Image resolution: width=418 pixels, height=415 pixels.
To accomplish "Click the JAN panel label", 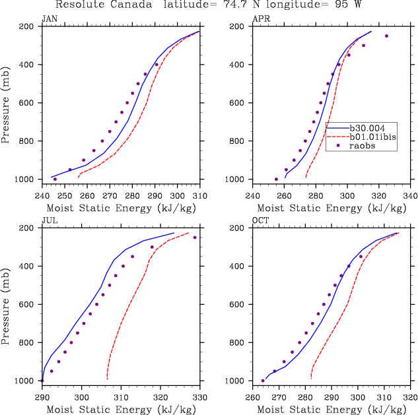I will pos(49,19).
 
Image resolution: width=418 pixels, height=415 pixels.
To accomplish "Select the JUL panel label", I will pos(49,221).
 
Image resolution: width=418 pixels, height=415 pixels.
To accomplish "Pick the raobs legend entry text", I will pos(362,146).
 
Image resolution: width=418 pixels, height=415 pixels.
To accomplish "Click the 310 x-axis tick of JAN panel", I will pos(199,195).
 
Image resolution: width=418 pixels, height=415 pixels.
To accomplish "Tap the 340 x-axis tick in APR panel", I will pos(410,195).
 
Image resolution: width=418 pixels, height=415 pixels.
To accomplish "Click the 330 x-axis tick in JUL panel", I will pos(199,397).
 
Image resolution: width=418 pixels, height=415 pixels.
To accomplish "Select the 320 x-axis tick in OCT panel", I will pos(410,397).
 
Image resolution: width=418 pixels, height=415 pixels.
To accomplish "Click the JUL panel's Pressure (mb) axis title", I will pos(7,305).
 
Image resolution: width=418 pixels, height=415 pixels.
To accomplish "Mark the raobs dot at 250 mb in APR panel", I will pos(386,36).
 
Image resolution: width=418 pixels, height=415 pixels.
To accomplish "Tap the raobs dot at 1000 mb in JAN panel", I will pos(55,179).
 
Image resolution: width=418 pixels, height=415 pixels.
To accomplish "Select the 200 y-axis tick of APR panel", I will pos(239,26).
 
